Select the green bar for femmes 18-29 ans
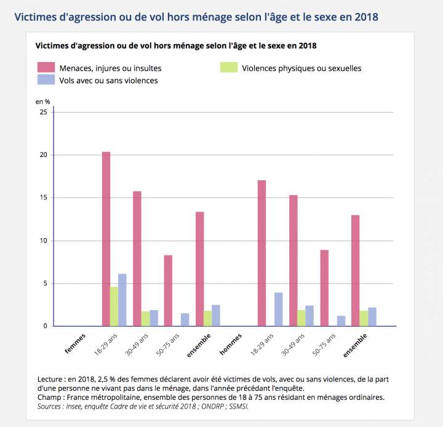click(114, 306)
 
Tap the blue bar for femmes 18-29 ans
click(122, 300)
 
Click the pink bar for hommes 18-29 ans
click(261, 253)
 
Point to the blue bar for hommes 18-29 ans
click(278, 309)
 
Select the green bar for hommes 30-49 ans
click(301, 318)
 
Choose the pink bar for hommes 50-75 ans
click(324, 288)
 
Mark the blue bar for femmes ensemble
click(215, 316)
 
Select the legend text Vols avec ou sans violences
click(108, 80)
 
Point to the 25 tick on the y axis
click(43, 112)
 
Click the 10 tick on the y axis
click(43, 241)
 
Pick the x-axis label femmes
click(76, 343)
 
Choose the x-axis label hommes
click(231, 343)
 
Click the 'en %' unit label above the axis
click(43, 101)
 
